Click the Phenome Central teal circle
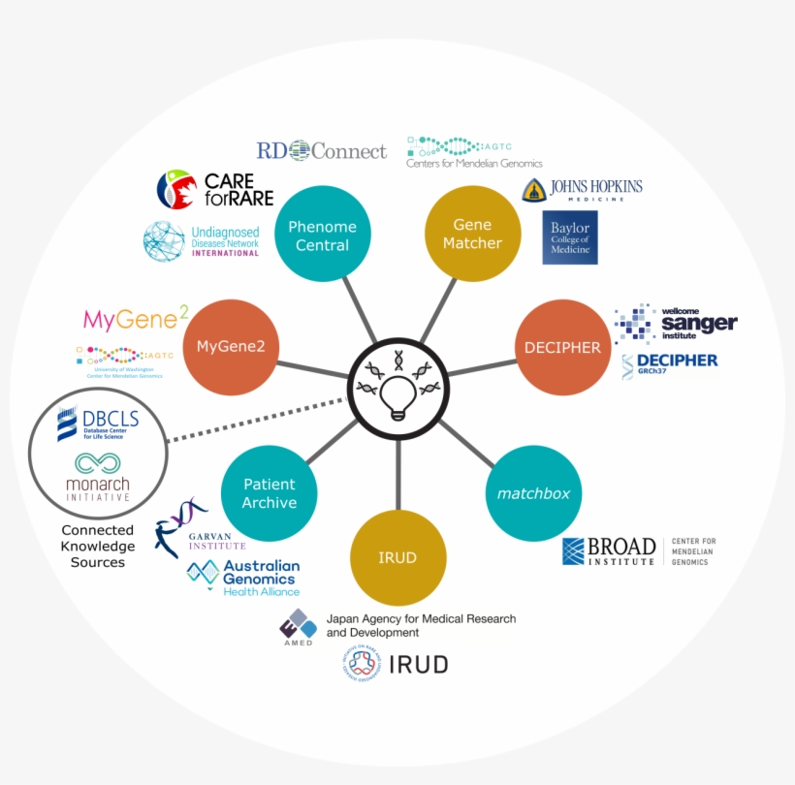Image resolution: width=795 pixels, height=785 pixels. pos(322,235)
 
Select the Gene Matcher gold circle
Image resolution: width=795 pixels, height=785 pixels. pos(472,234)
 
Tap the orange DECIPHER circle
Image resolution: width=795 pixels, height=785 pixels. pos(562,347)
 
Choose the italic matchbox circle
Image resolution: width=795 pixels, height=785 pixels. pos(533,493)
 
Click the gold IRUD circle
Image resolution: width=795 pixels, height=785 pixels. pos(398,557)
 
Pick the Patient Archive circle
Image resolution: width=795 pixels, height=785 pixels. pos(270,492)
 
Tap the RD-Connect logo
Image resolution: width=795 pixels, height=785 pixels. pos(321,150)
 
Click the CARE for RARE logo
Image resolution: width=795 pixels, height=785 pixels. pos(215,190)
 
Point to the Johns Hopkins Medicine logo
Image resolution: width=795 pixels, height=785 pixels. pos(582,189)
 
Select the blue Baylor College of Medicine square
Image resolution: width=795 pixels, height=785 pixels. pos(570,237)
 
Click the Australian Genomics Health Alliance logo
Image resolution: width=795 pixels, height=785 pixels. pos(244,575)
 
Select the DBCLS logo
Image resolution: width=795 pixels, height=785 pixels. pos(97,424)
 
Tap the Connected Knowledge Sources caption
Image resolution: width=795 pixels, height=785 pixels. pos(97,546)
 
